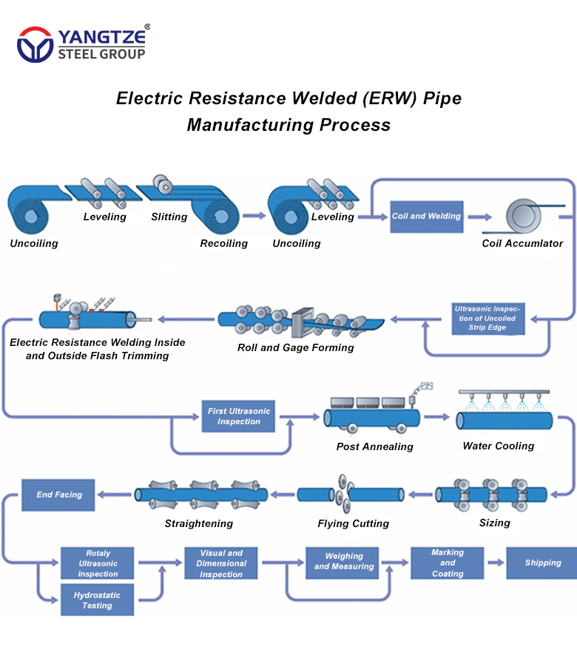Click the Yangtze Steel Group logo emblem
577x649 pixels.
tap(35, 44)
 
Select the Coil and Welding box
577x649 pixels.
tap(426, 217)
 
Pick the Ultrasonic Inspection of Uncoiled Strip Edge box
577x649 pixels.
tap(487, 318)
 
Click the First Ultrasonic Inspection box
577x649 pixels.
tap(239, 416)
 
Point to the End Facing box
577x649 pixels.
tap(59, 495)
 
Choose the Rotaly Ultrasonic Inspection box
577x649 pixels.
tap(98, 563)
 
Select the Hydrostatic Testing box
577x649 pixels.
tap(98, 599)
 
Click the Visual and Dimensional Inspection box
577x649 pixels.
tap(221, 563)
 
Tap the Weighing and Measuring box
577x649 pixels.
tap(344, 562)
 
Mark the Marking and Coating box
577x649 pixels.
tap(448, 563)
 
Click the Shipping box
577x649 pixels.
tap(542, 563)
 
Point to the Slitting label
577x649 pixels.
tap(169, 217)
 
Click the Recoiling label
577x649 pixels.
tap(223, 243)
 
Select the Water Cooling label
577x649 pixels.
tap(498, 446)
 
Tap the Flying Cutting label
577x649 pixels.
tap(353, 523)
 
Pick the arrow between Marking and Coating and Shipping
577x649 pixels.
tap(496, 563)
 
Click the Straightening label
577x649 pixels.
tap(198, 523)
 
